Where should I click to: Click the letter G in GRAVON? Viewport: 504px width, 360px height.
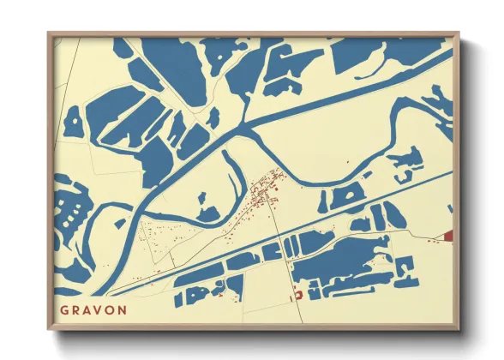[x=64, y=309]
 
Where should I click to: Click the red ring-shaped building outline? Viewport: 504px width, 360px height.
[x=298, y=295]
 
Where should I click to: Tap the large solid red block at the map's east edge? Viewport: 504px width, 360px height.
[x=448, y=235]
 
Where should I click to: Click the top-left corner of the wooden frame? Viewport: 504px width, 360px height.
[x=49, y=33]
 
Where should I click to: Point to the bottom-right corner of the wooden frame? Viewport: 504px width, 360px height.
[x=459, y=328]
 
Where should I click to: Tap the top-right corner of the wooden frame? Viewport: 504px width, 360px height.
[x=459, y=33]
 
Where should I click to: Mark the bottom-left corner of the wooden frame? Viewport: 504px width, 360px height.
[x=49, y=328]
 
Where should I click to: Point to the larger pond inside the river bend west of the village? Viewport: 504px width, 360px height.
[x=207, y=213]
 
